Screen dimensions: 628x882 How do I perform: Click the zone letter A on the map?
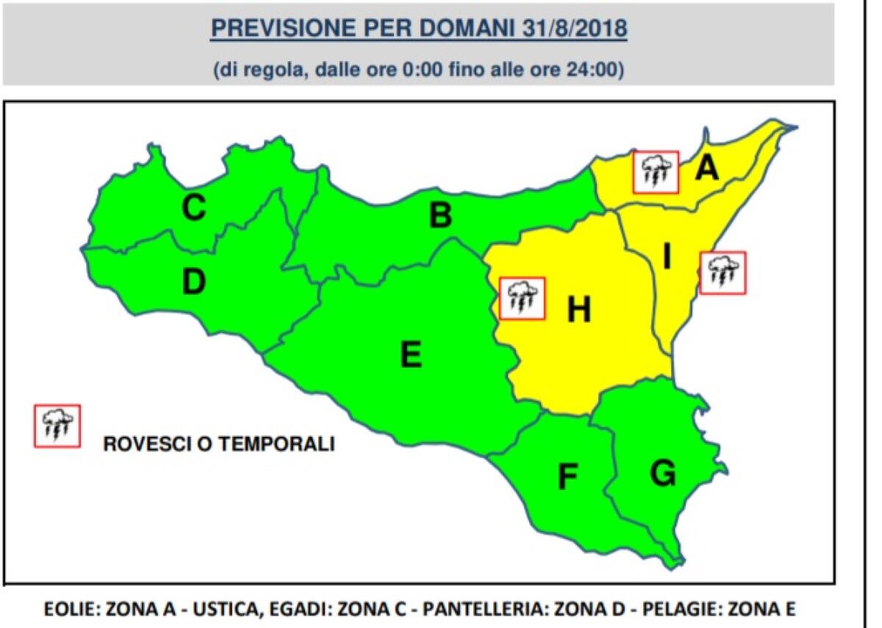pyautogui.click(x=706, y=168)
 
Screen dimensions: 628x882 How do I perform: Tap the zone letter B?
pyautogui.click(x=440, y=215)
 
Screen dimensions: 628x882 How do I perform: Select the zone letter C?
pyautogui.click(x=193, y=209)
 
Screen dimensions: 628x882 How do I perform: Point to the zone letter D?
pyautogui.click(x=193, y=282)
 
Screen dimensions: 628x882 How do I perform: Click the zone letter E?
pyautogui.click(x=410, y=356)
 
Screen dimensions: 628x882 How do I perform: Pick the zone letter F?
pyautogui.click(x=567, y=477)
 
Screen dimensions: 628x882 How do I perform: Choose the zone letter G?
pyautogui.click(x=662, y=474)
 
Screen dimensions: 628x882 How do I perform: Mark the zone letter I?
pyautogui.click(x=667, y=257)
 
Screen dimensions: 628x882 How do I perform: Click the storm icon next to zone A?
pyautogui.click(x=656, y=172)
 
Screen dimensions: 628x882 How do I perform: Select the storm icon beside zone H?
pyautogui.click(x=522, y=298)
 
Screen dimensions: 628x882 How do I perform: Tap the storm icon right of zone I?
pyautogui.click(x=723, y=273)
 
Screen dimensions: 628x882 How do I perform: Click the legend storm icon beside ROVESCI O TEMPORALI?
pyautogui.click(x=57, y=426)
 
